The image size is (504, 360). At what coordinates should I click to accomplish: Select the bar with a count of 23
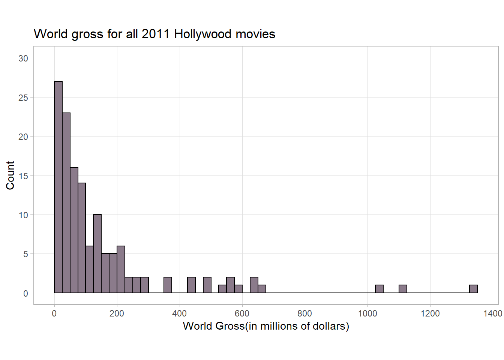pyautogui.click(x=66, y=202)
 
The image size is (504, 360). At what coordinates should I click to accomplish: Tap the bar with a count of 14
pyautogui.click(x=82, y=238)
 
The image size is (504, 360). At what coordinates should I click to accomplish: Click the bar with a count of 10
pyautogui.click(x=97, y=253)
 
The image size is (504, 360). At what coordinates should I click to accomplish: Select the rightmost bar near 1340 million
pyautogui.click(x=473, y=289)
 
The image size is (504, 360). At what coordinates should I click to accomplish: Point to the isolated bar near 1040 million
pyautogui.click(x=379, y=289)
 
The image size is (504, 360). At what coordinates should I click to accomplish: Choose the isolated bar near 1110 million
pyautogui.click(x=403, y=289)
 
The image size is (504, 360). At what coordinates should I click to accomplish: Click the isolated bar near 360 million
pyautogui.click(x=168, y=285)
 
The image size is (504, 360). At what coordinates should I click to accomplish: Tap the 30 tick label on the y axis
pyautogui.click(x=23, y=58)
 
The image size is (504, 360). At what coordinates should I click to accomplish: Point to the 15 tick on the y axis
pyautogui.click(x=23, y=176)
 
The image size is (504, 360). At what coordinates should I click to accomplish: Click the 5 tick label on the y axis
pyautogui.click(x=25, y=254)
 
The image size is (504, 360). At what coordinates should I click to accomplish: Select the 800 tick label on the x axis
pyautogui.click(x=304, y=313)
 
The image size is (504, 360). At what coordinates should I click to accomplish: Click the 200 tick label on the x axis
pyautogui.click(x=117, y=313)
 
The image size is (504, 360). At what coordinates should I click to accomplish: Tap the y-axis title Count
pyautogui.click(x=10, y=175)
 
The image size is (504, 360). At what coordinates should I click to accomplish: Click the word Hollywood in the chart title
pyautogui.click(x=203, y=34)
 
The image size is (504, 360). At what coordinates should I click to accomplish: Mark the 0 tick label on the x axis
pyautogui.click(x=54, y=313)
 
